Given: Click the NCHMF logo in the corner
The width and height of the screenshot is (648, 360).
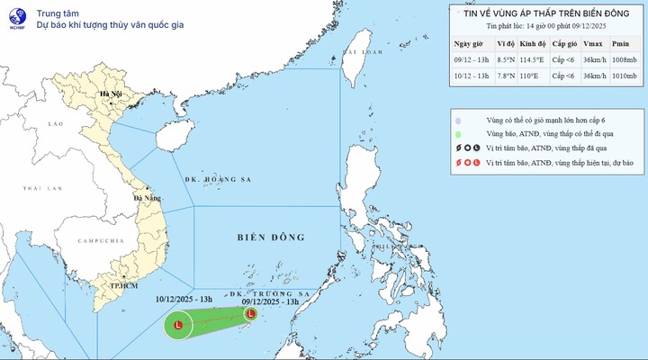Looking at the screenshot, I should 14,17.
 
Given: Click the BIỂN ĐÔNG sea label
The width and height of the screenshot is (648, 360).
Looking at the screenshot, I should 271,238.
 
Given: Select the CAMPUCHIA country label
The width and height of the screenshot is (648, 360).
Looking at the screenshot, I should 100,242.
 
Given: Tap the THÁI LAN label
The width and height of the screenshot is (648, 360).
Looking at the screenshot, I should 40,188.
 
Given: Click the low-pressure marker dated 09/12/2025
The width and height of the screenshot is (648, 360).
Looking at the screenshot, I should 250,313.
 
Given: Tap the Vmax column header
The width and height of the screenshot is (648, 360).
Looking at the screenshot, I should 592,43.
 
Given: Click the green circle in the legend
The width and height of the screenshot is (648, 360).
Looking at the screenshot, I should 459,134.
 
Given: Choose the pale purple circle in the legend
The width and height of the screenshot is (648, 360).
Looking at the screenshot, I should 459,120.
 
